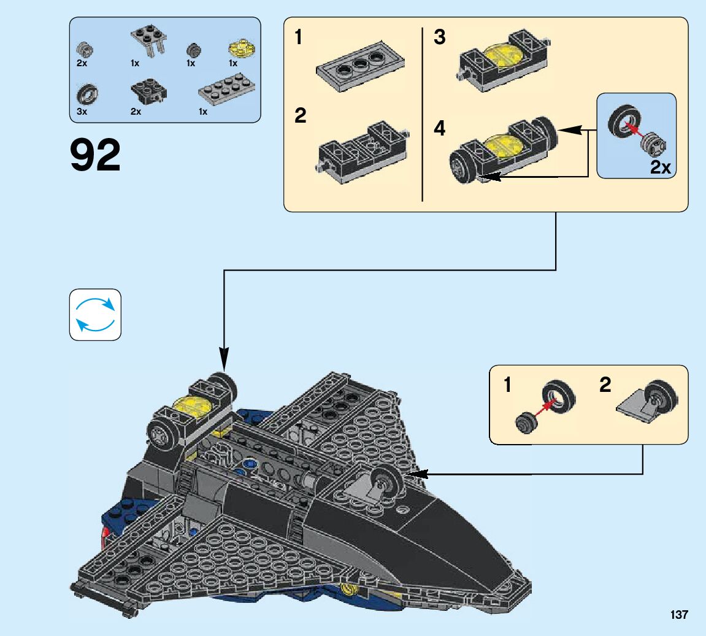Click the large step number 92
[95, 155]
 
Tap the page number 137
[678, 615]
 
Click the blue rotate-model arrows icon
[95, 315]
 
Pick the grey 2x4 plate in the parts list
[227, 89]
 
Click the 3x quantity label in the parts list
[82, 112]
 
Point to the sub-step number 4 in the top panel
[439, 129]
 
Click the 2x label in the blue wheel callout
[660, 167]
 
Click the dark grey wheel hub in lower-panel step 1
[526, 423]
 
